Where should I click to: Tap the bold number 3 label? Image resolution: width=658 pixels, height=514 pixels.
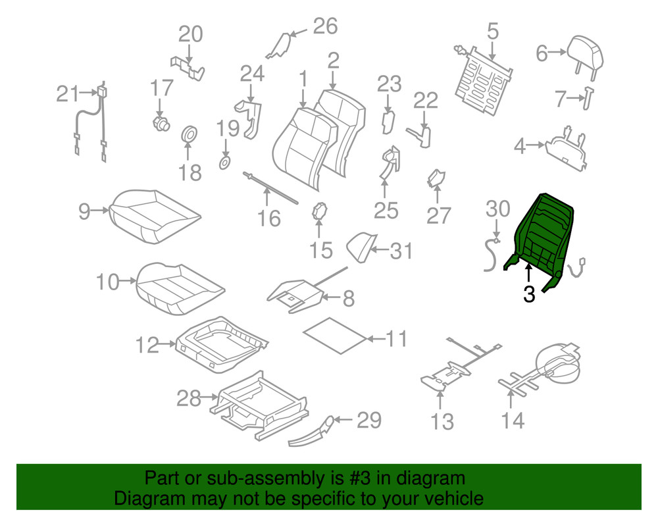point(529,294)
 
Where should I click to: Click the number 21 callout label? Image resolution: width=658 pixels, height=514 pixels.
point(67,95)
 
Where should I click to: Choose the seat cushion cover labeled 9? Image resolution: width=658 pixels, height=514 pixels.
point(155,215)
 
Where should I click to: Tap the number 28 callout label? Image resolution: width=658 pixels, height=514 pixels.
point(190,398)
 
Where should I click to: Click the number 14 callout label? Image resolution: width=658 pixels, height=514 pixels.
point(513,419)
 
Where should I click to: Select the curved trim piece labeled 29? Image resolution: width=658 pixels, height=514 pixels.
point(313,433)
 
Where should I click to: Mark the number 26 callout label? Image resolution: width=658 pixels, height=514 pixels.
point(324,26)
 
